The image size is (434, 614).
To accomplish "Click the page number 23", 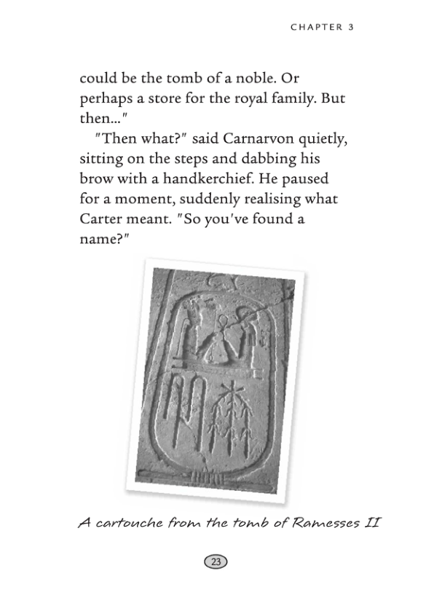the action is pyautogui.click(x=216, y=562).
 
